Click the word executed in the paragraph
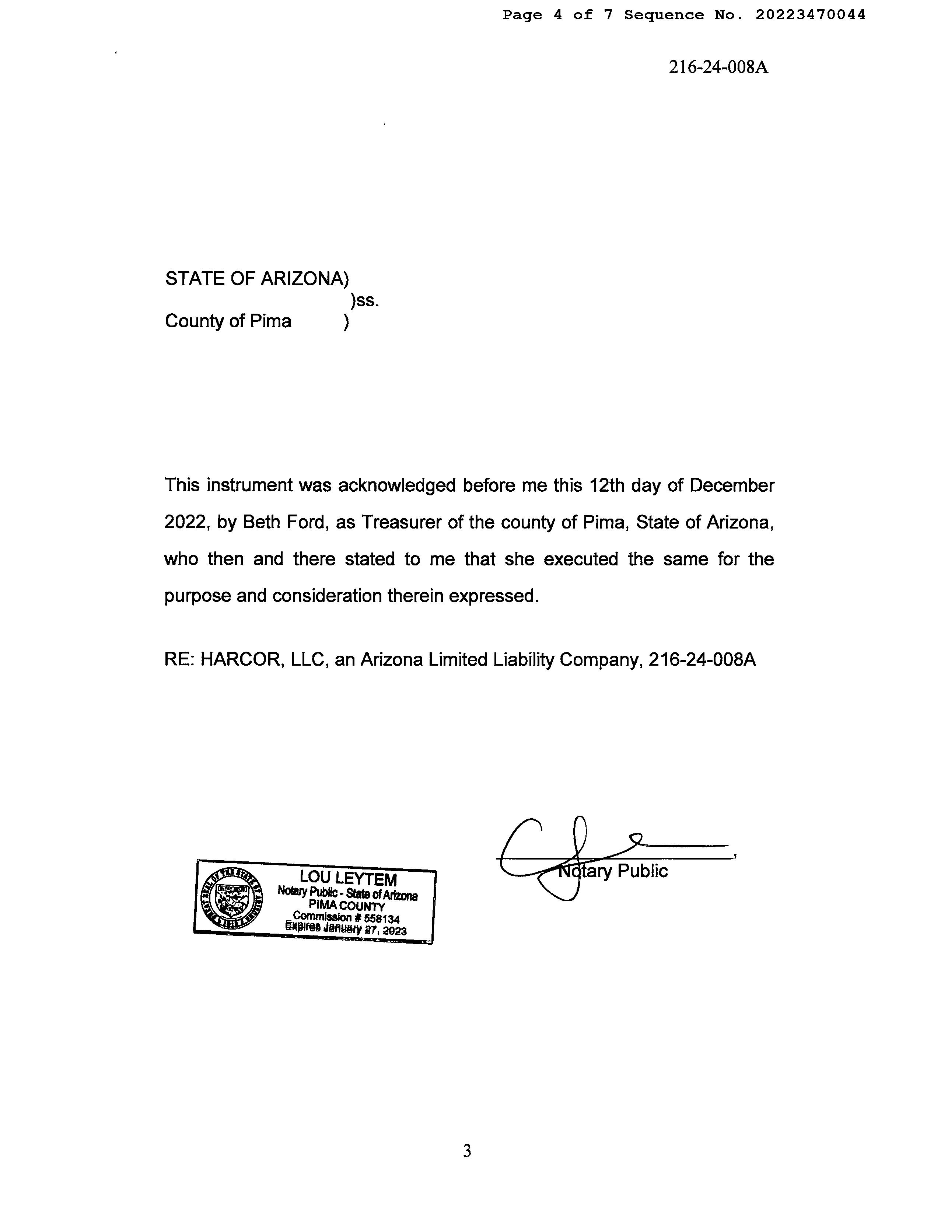[x=581, y=559]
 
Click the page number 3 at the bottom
[x=467, y=1151]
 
